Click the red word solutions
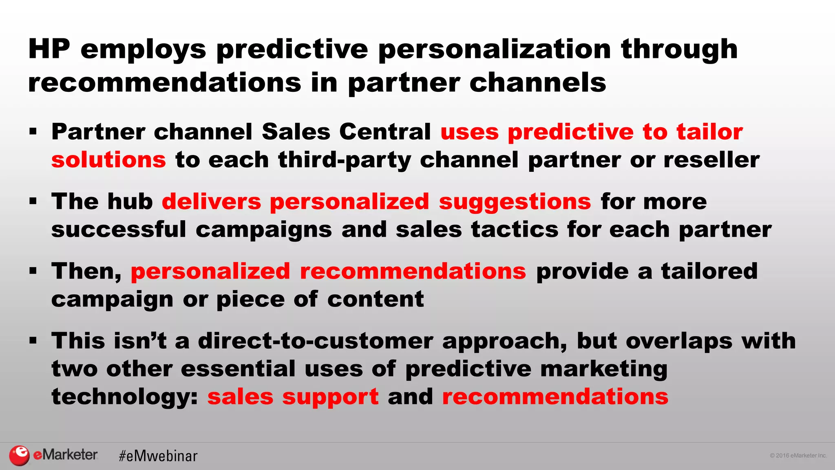click(108, 160)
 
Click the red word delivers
click(211, 202)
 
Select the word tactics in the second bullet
click(515, 229)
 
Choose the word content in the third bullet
click(375, 299)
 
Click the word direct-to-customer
click(315, 341)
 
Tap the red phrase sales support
click(293, 397)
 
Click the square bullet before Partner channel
click(33, 132)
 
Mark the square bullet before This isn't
click(33, 340)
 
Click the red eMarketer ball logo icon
click(19, 455)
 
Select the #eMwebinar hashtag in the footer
click(158, 456)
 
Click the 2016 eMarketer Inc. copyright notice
click(798, 456)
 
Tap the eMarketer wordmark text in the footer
click(65, 454)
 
